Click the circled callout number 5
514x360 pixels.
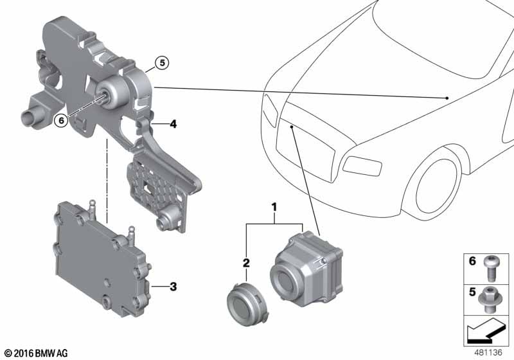point(162,62)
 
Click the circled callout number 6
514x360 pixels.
point(61,121)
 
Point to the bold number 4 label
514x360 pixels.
point(173,124)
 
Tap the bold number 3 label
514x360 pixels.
point(173,287)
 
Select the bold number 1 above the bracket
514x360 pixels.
point(274,207)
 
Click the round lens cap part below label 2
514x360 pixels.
point(247,305)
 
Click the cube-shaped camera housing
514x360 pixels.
point(306,269)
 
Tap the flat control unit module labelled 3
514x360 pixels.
point(102,259)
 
